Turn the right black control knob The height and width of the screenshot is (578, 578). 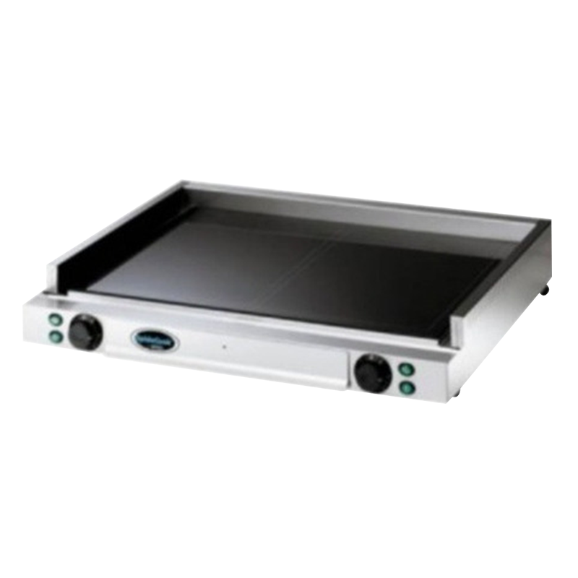tap(373, 373)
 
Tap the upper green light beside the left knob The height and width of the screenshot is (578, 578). tap(55, 320)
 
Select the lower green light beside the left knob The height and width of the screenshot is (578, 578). tap(55, 335)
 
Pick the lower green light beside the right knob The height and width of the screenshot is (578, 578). tap(407, 387)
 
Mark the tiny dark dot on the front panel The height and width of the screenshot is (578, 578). tap(225, 346)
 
